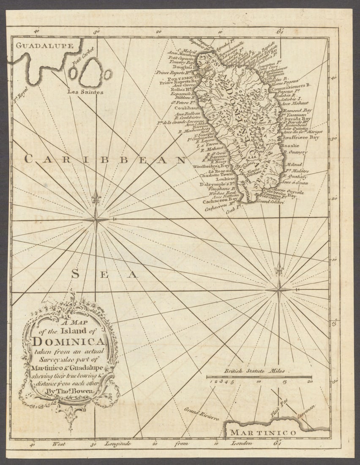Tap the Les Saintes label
pos(85,92)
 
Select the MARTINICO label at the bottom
pos(263,432)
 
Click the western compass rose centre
pos(96,219)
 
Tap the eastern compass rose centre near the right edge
pos(279,290)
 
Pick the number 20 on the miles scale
pos(310,382)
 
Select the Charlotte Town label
pos(216,174)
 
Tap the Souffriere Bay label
pos(301,137)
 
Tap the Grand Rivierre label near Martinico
pos(201,414)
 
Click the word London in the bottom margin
pos(242,443)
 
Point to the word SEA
pos(104,274)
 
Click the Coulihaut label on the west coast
pos(186,108)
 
